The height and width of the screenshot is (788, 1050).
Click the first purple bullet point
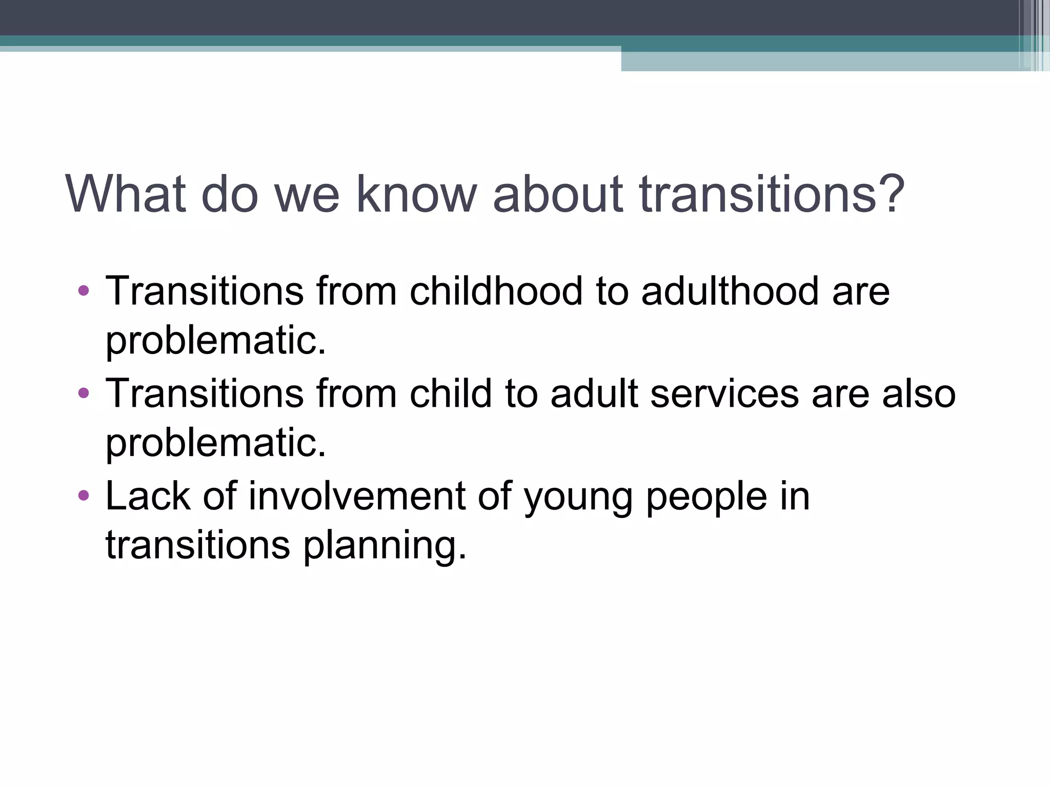tap(84, 291)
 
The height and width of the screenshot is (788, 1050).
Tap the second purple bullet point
tap(84, 393)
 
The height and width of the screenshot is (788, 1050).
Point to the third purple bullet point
tap(84, 496)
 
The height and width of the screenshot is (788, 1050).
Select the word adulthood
tap(730, 291)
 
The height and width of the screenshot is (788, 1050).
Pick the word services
tap(724, 394)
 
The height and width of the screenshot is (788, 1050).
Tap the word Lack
tap(148, 496)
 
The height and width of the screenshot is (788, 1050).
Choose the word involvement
tap(357, 496)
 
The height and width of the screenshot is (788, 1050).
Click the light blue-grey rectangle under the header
tap(820, 62)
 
